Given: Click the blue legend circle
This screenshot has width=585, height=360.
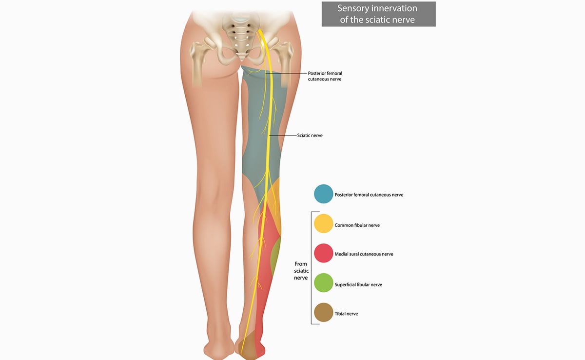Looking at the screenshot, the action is click(x=323, y=194).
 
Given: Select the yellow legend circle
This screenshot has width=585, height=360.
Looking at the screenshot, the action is click(x=323, y=223).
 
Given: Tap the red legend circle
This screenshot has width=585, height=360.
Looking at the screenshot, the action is click(x=323, y=253).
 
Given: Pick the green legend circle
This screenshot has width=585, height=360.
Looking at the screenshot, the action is click(x=323, y=282).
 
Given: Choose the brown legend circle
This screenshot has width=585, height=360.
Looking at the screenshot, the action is click(x=323, y=312).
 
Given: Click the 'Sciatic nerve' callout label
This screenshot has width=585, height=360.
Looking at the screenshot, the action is click(x=310, y=135).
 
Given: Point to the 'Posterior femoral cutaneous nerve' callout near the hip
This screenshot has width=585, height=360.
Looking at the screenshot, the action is click(x=325, y=76).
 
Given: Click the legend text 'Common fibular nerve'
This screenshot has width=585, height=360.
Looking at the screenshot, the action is click(x=357, y=225).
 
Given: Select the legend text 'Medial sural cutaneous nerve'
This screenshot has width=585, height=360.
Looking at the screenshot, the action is click(x=364, y=254).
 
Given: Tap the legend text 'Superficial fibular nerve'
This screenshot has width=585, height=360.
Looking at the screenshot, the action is click(x=358, y=284).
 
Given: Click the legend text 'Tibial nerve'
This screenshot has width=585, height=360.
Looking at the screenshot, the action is click(x=346, y=314).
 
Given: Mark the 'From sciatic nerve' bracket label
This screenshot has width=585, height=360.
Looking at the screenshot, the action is click(x=301, y=271).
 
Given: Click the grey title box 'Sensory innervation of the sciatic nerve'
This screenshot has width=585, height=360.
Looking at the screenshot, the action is click(x=378, y=14).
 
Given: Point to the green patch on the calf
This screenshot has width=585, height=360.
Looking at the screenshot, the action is click(x=275, y=256).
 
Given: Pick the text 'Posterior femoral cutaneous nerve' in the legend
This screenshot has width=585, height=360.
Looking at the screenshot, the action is click(x=369, y=195).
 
